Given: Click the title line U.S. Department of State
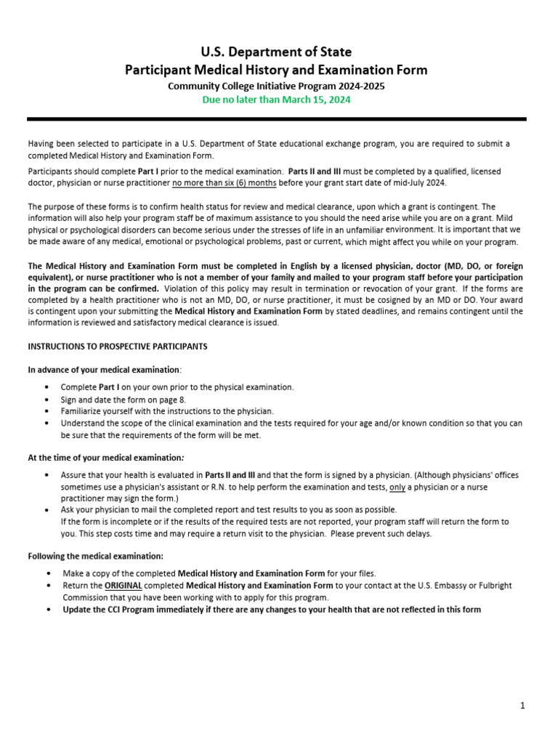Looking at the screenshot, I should point(276,52).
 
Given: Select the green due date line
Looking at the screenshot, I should point(276,100).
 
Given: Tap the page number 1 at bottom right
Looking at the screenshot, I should point(522,705).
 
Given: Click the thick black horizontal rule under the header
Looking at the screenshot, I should point(276,119).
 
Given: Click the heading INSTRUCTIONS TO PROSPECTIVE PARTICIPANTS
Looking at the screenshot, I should point(117,347).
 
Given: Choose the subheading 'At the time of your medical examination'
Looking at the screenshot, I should point(105,458).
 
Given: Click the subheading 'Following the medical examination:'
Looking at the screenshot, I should point(95,556).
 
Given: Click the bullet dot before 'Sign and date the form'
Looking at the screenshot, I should point(47,400).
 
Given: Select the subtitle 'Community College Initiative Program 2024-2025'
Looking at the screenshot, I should point(276,86).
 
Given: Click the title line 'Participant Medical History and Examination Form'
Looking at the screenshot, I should point(276,70).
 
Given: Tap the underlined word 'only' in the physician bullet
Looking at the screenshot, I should point(397,487).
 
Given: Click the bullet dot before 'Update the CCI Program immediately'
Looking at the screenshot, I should point(47,610).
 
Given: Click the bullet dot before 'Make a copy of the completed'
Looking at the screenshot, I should point(47,573).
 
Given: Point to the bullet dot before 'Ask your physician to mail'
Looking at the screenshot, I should point(47,510).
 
